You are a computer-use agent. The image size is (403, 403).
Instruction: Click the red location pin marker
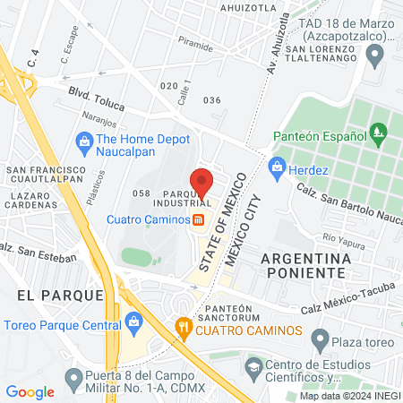(x=201, y=183)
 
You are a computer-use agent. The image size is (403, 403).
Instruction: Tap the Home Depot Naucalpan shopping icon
(x=85, y=140)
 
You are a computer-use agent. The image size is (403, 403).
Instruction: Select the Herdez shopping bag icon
(x=277, y=166)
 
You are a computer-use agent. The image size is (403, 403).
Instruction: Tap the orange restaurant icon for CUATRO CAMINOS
(x=183, y=327)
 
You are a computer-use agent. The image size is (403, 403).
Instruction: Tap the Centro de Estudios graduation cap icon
(x=254, y=366)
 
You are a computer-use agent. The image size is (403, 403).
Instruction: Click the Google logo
(x=30, y=391)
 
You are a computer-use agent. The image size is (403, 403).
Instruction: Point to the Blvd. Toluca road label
(x=93, y=98)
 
